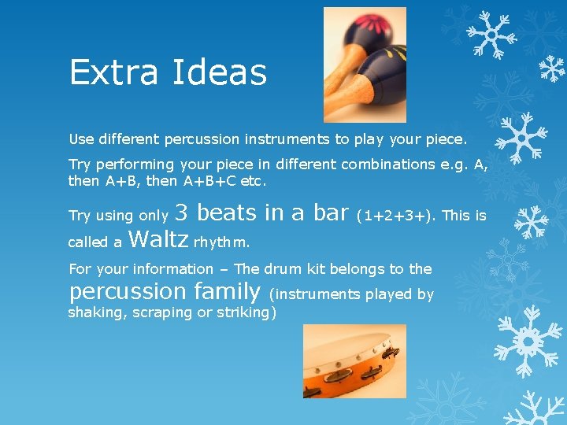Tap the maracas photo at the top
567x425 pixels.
365,65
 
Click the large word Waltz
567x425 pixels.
157,238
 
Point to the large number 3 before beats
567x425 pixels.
181,213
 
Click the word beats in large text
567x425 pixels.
229,213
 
